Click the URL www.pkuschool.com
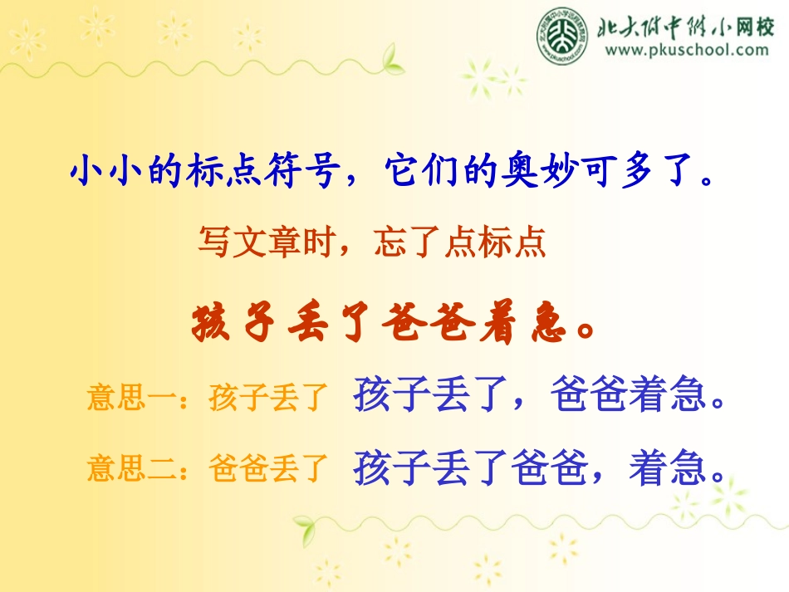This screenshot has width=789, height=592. point(687,50)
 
